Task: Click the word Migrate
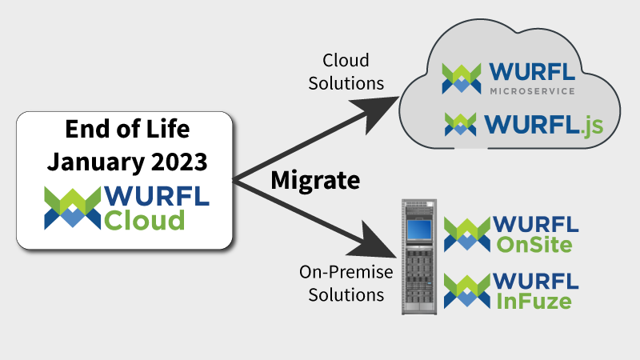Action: click(315, 181)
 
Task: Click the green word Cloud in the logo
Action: click(145, 221)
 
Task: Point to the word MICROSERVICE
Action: click(532, 91)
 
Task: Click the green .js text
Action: click(591, 126)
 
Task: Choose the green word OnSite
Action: click(534, 245)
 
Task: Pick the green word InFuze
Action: click(534, 302)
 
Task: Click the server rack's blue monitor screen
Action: click(418, 230)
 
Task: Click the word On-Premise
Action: click(346, 272)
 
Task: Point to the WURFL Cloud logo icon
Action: click(73, 208)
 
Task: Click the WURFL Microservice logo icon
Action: click(462, 78)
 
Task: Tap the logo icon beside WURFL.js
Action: click(461, 124)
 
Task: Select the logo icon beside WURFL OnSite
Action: click(467, 234)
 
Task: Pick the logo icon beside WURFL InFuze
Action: click(467, 290)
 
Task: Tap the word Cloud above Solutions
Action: click(346, 61)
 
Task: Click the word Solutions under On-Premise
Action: click(346, 294)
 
